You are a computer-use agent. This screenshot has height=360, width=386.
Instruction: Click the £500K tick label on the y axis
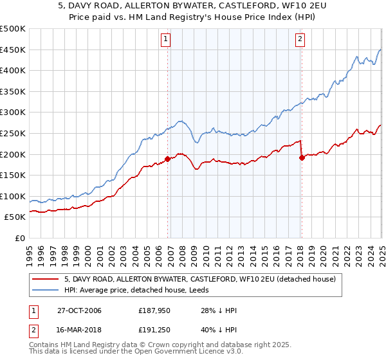(x=13, y=29)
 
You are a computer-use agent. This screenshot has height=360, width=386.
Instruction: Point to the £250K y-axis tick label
(x=13, y=133)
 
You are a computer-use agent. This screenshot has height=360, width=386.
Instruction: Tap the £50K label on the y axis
(x=15, y=217)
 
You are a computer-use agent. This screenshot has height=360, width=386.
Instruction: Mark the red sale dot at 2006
(x=168, y=158)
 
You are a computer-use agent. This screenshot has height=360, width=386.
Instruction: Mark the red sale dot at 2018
(x=302, y=157)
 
